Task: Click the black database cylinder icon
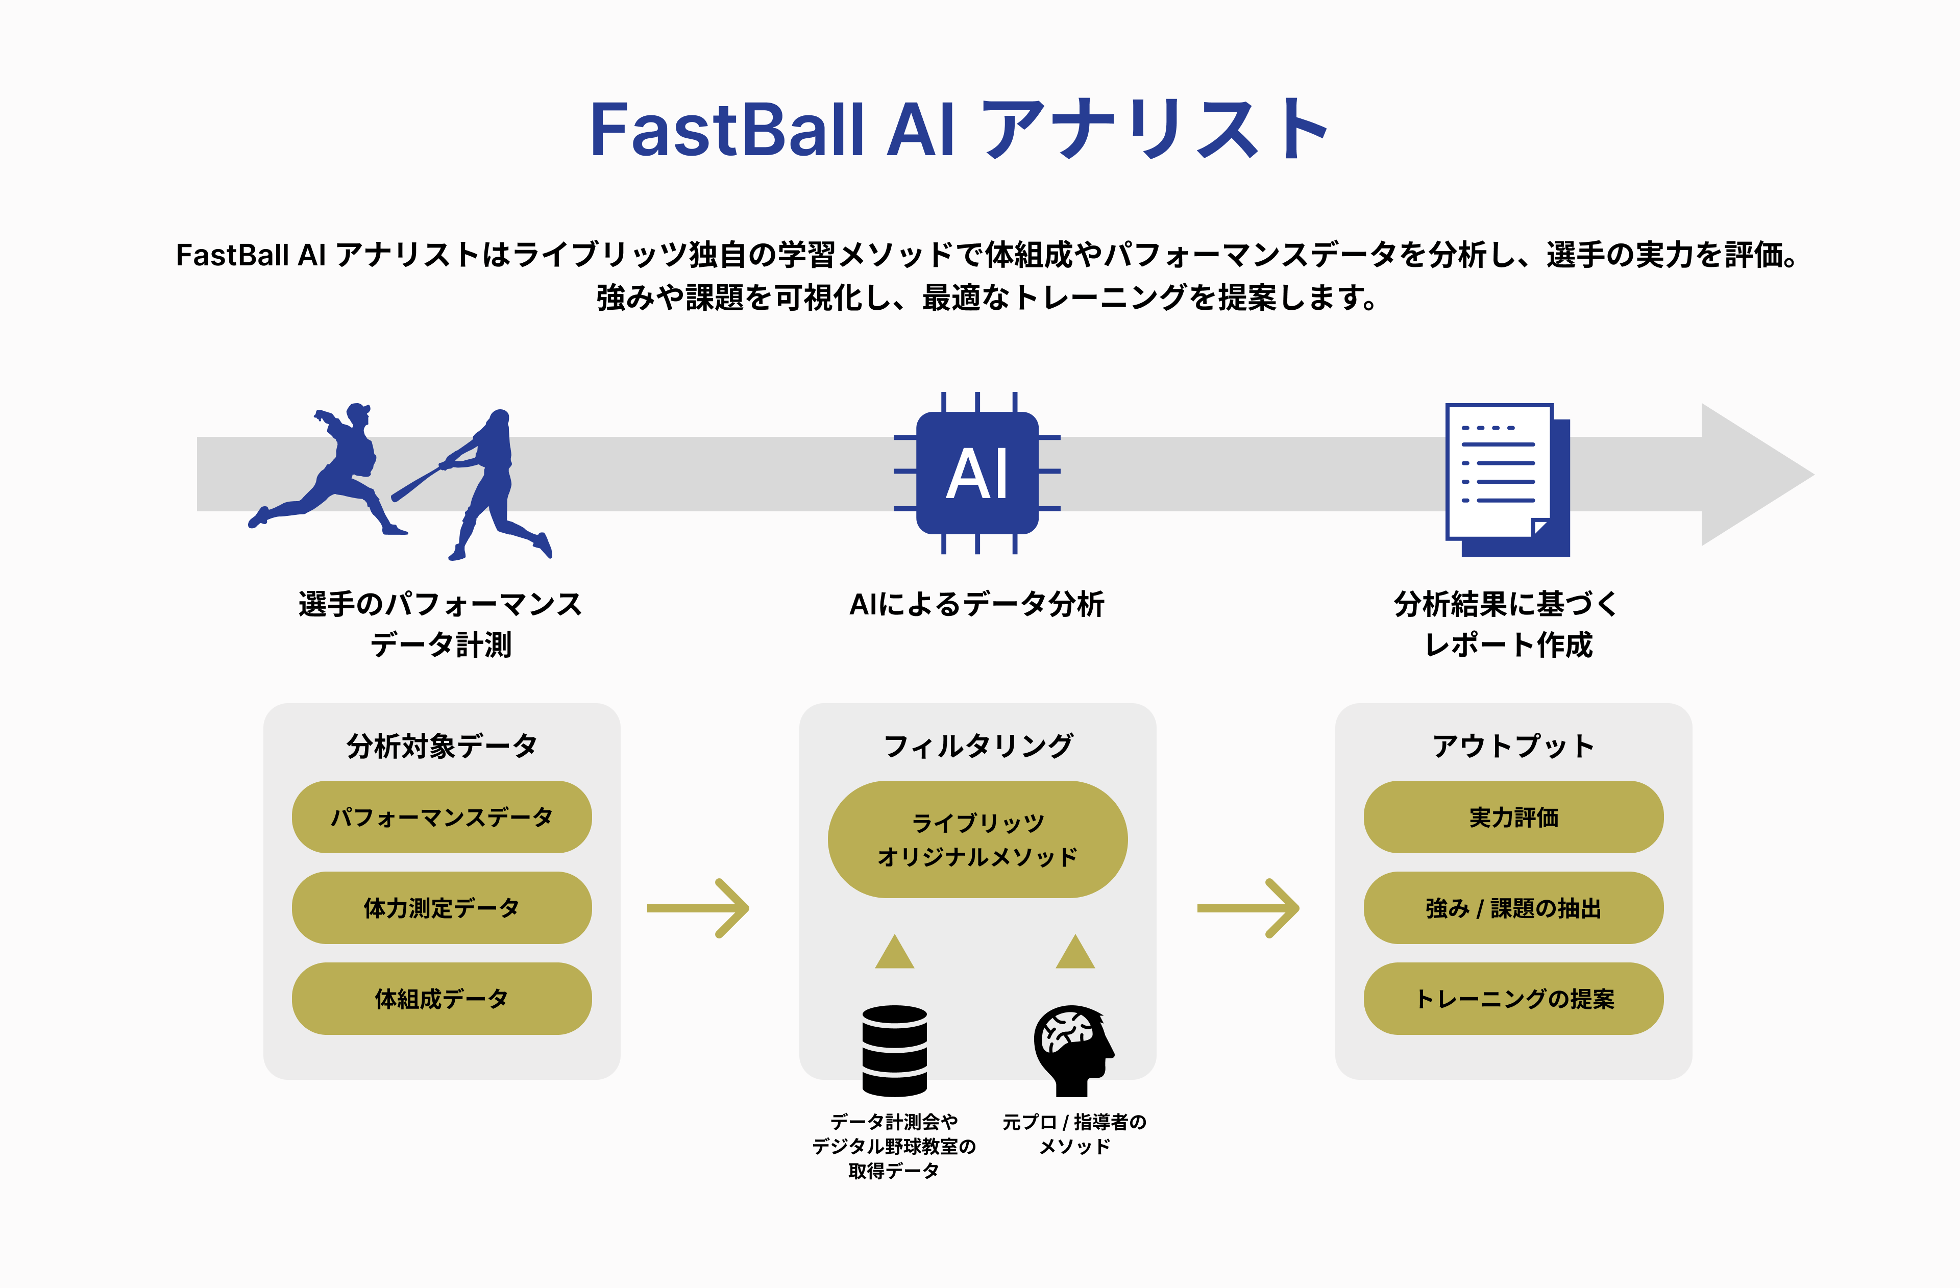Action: pyautogui.click(x=894, y=1050)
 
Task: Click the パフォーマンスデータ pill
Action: pyautogui.click(x=442, y=817)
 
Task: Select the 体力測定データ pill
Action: pyautogui.click(x=442, y=907)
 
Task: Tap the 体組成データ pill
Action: pyautogui.click(x=442, y=998)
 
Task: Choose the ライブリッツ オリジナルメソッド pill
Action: pyautogui.click(x=977, y=839)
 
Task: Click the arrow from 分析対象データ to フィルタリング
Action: pyautogui.click(x=698, y=908)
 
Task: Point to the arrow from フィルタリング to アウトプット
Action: pyautogui.click(x=1247, y=908)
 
